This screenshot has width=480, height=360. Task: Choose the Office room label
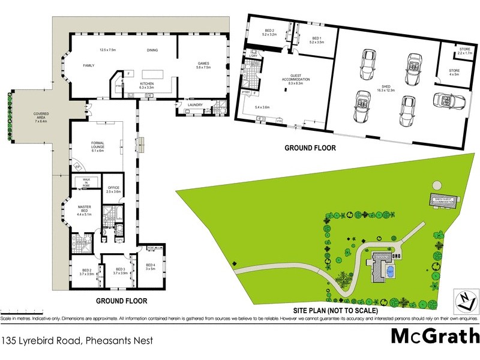[x=113, y=189]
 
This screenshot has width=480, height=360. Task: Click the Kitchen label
[x=148, y=85]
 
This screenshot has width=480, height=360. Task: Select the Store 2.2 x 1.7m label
[x=464, y=51]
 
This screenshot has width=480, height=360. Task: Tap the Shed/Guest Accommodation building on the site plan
[x=443, y=201]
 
